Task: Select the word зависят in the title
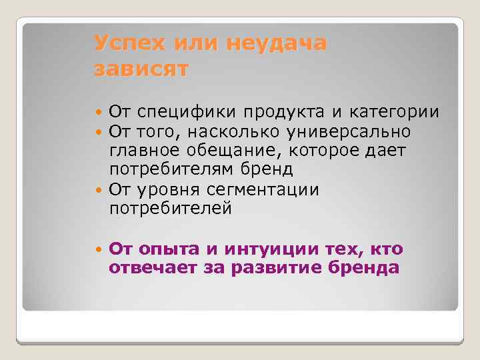(x=141, y=68)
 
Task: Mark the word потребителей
(x=171, y=208)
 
